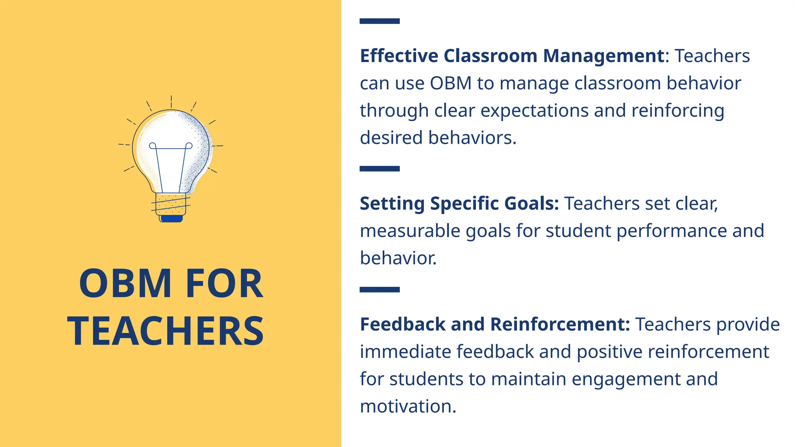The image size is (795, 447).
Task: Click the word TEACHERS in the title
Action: [166, 331]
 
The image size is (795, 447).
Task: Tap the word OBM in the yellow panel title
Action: [125, 284]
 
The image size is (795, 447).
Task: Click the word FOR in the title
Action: [224, 284]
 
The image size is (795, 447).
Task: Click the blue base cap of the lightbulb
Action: [171, 219]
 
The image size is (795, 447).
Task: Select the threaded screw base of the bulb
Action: [171, 204]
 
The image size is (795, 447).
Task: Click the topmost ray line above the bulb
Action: [171, 101]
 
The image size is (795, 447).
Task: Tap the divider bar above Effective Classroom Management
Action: [379, 21]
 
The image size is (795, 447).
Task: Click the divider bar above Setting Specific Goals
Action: [379, 168]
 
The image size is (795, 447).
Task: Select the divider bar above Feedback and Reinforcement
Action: [379, 289]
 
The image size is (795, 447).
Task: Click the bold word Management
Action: [604, 56]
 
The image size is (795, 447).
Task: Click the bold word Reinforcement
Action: [560, 324]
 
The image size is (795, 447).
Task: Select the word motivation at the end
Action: [408, 407]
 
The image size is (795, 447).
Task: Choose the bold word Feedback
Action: [403, 324]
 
